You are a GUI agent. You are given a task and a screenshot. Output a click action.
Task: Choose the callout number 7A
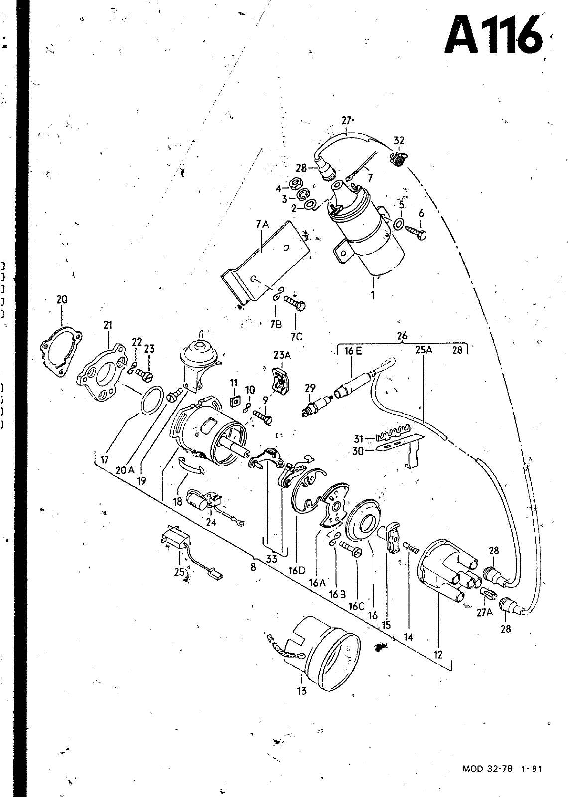[x=262, y=224]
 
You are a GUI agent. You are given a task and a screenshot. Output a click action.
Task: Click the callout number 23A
[x=282, y=354]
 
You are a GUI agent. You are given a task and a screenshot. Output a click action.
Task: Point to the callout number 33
[x=272, y=559]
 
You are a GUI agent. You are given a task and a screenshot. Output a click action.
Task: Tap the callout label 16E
[x=353, y=351]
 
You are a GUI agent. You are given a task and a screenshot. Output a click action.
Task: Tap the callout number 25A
[x=424, y=350]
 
